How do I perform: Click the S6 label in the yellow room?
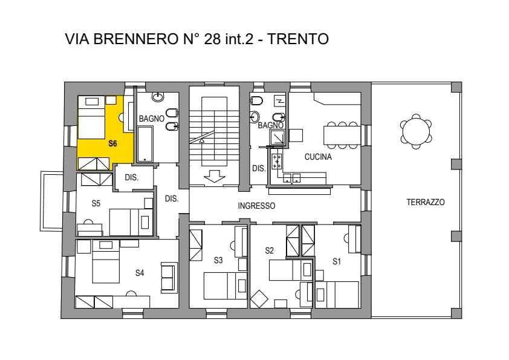tap(112, 143)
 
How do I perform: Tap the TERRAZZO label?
tap(426, 202)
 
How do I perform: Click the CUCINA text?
tap(318, 157)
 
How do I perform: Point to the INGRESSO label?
tap(256, 206)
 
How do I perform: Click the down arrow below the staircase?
tap(214, 177)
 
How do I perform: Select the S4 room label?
tap(140, 273)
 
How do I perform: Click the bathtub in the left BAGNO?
tap(144, 144)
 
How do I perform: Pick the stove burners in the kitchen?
tap(277, 161)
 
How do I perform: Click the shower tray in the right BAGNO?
tap(278, 137)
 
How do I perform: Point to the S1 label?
tap(337, 261)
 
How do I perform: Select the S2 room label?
tap(269, 250)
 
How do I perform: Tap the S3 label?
tap(218, 260)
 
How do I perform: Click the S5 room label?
tap(96, 203)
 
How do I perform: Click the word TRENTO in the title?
tap(297, 39)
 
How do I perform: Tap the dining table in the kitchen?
tap(342, 136)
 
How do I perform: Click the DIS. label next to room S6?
tap(131, 178)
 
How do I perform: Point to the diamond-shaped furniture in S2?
tap(259, 299)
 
